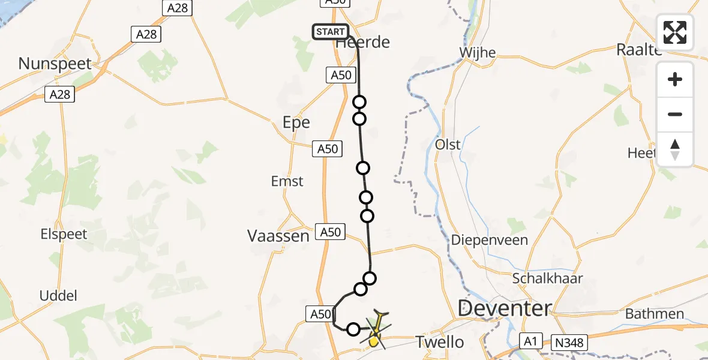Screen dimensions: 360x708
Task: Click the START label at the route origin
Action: pyautogui.click(x=330, y=32)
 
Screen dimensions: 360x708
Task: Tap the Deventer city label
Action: pyautogui.click(x=504, y=309)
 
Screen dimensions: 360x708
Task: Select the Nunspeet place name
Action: pyautogui.click(x=55, y=63)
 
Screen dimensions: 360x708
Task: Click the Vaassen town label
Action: pyautogui.click(x=278, y=236)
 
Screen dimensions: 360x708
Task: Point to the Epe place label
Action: pyautogui.click(x=296, y=122)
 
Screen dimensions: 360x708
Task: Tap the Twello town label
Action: pyautogui.click(x=440, y=342)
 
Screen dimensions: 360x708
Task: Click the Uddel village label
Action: pyautogui.click(x=58, y=295)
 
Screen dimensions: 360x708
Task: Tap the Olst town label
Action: pyautogui.click(x=448, y=145)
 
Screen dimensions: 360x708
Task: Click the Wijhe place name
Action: pyautogui.click(x=477, y=53)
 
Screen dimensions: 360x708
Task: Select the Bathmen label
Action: pyautogui.click(x=654, y=314)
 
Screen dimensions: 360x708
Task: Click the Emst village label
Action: pyautogui.click(x=287, y=181)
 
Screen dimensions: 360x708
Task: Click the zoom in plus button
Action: pyautogui.click(x=675, y=80)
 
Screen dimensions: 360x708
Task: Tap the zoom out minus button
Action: pyautogui.click(x=675, y=114)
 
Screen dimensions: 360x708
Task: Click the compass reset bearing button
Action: pyautogui.click(x=675, y=149)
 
